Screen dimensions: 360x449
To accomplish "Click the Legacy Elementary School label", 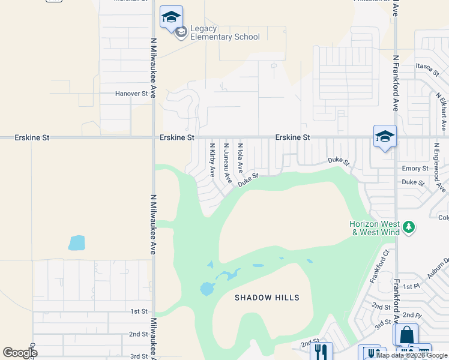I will coord(224,33).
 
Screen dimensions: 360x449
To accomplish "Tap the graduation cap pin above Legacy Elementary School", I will coord(171,17).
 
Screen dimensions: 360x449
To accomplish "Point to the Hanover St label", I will coord(131,94).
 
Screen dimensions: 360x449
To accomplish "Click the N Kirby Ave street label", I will coord(212,160).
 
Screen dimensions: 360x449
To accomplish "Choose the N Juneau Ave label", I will coord(227,162).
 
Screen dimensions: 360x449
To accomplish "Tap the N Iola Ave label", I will coord(240,157).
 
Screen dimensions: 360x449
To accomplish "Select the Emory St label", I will coord(415,169).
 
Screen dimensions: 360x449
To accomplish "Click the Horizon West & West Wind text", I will coord(375,228).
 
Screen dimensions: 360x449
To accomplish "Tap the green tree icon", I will coord(409,227).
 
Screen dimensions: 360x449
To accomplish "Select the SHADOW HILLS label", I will coord(267,298).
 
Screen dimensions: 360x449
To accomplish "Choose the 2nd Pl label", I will coord(412,315).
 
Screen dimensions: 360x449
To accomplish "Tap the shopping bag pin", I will coord(406,335).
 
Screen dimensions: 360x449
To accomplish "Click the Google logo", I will coord(20,353).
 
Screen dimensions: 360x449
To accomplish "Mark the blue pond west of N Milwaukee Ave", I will coord(77,243).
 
